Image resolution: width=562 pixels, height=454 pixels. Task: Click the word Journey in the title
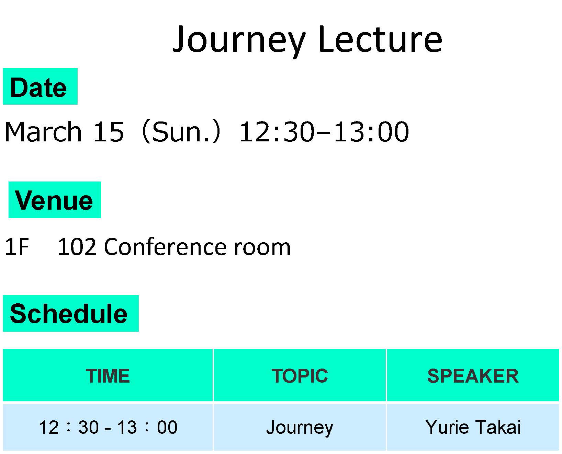click(x=239, y=40)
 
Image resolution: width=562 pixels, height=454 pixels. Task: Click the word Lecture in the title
click(x=380, y=39)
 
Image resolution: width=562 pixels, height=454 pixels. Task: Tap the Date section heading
click(x=38, y=88)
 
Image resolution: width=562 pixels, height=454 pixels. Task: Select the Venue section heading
click(x=54, y=200)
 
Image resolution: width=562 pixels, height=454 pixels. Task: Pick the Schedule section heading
click(x=69, y=314)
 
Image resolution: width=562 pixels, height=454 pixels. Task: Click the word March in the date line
click(x=43, y=131)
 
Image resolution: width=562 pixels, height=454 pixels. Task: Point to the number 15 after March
click(x=108, y=131)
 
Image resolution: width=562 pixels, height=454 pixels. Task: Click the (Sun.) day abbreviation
click(x=181, y=131)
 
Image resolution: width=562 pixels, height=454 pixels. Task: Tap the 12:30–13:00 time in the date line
click(x=324, y=131)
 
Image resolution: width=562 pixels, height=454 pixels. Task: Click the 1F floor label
click(x=17, y=247)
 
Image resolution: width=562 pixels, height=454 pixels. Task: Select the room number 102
click(x=77, y=247)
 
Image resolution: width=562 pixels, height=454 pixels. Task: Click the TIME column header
click(x=108, y=376)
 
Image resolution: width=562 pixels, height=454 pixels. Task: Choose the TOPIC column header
click(x=300, y=376)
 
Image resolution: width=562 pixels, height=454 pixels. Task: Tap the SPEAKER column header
click(x=473, y=376)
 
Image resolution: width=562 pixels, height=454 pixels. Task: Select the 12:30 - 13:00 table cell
click(x=108, y=427)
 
